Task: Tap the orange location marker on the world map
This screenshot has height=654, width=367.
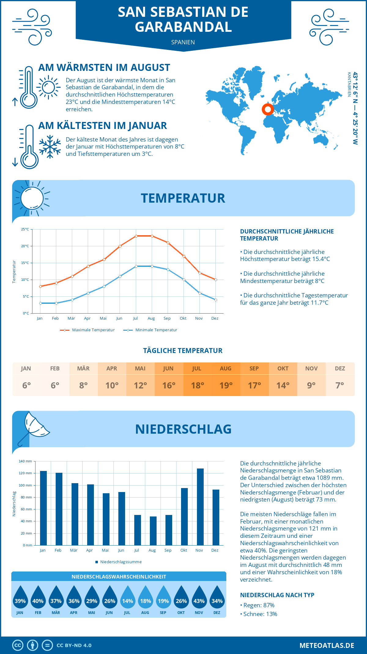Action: [268, 109]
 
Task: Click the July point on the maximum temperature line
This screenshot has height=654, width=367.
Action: [136, 236]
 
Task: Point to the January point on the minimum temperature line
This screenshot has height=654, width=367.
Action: [40, 303]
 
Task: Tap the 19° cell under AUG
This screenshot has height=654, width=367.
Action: [226, 385]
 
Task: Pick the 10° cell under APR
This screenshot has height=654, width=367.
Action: [112, 385]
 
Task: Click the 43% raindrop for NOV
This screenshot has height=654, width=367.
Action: [199, 599]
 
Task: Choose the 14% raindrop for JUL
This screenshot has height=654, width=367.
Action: [128, 599]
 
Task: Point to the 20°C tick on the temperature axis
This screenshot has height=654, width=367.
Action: [25, 246]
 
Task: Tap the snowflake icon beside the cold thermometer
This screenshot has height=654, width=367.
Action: [50, 147]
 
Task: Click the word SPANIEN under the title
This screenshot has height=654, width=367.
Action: [183, 42]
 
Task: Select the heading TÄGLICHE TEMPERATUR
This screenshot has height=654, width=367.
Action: [183, 351]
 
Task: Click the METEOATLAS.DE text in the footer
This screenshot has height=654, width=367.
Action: [327, 645]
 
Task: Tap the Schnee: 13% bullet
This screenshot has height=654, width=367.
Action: [260, 614]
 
